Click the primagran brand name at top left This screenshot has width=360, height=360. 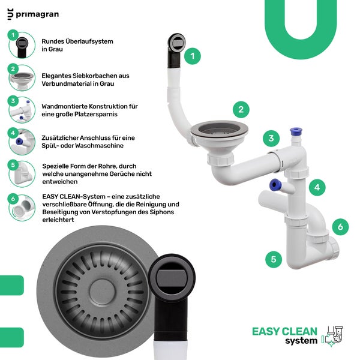point(37,14)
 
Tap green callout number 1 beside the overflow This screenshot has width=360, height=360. point(193,56)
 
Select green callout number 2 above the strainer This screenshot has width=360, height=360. point(241,110)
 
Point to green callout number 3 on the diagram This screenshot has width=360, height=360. point(271,138)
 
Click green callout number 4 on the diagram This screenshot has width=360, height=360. point(317,187)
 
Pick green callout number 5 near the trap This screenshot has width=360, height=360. point(274,259)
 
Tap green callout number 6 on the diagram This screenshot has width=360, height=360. point(340,227)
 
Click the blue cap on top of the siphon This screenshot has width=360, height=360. point(296,131)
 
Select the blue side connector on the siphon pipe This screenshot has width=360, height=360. point(275,184)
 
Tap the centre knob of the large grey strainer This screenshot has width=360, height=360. point(102,292)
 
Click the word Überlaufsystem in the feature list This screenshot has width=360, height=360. point(89,41)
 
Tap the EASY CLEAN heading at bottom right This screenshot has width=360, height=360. point(284,332)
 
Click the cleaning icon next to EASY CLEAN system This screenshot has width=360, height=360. point(332,336)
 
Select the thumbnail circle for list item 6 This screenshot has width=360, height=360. point(22,208)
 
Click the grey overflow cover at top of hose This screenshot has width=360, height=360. point(177,43)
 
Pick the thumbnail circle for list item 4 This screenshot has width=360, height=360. point(22,142)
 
